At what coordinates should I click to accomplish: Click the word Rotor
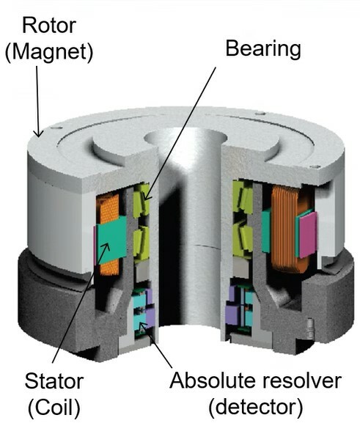click(49, 26)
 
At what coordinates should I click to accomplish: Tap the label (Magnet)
click(49, 52)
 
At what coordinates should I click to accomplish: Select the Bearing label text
click(263, 49)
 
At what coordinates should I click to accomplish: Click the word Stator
click(54, 381)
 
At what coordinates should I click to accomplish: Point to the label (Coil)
click(54, 407)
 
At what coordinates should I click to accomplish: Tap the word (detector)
click(256, 407)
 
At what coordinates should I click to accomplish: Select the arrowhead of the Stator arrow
click(106, 246)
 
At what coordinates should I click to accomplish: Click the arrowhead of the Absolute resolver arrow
click(142, 325)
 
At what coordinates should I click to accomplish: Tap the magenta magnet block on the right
click(308, 235)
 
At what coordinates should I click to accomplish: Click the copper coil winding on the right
click(285, 229)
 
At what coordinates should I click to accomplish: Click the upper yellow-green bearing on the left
click(142, 199)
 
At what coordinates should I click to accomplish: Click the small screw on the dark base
click(310, 328)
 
